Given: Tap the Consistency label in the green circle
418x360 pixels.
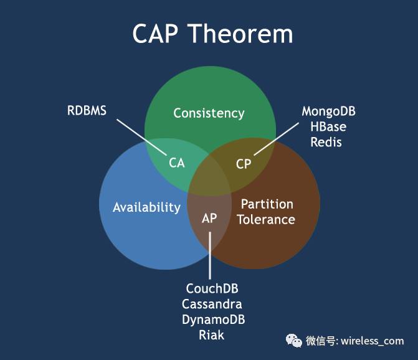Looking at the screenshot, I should pyautogui.click(x=209, y=113).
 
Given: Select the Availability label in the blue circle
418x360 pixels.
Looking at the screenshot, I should pyautogui.click(x=146, y=207).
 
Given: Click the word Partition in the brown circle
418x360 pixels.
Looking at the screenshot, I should pyautogui.click(x=267, y=204).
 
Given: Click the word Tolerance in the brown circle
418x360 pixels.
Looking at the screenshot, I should pyautogui.click(x=266, y=219).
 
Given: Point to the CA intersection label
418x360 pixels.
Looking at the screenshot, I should pyautogui.click(x=177, y=163).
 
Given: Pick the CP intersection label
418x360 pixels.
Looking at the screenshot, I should pyautogui.click(x=243, y=164).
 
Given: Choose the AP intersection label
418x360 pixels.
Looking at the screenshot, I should pyautogui.click(x=209, y=219).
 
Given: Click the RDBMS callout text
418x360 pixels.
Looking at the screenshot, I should pyautogui.click(x=87, y=111).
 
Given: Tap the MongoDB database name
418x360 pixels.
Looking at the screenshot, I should pyautogui.click(x=328, y=111).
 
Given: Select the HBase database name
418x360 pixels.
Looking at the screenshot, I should pyautogui.click(x=328, y=126).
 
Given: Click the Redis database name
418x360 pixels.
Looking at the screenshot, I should pyautogui.click(x=327, y=142).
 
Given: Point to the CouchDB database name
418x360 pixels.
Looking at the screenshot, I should pyautogui.click(x=212, y=290).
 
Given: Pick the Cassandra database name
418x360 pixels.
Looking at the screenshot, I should pyautogui.click(x=212, y=305).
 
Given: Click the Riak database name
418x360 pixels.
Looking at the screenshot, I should pyautogui.click(x=212, y=335).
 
